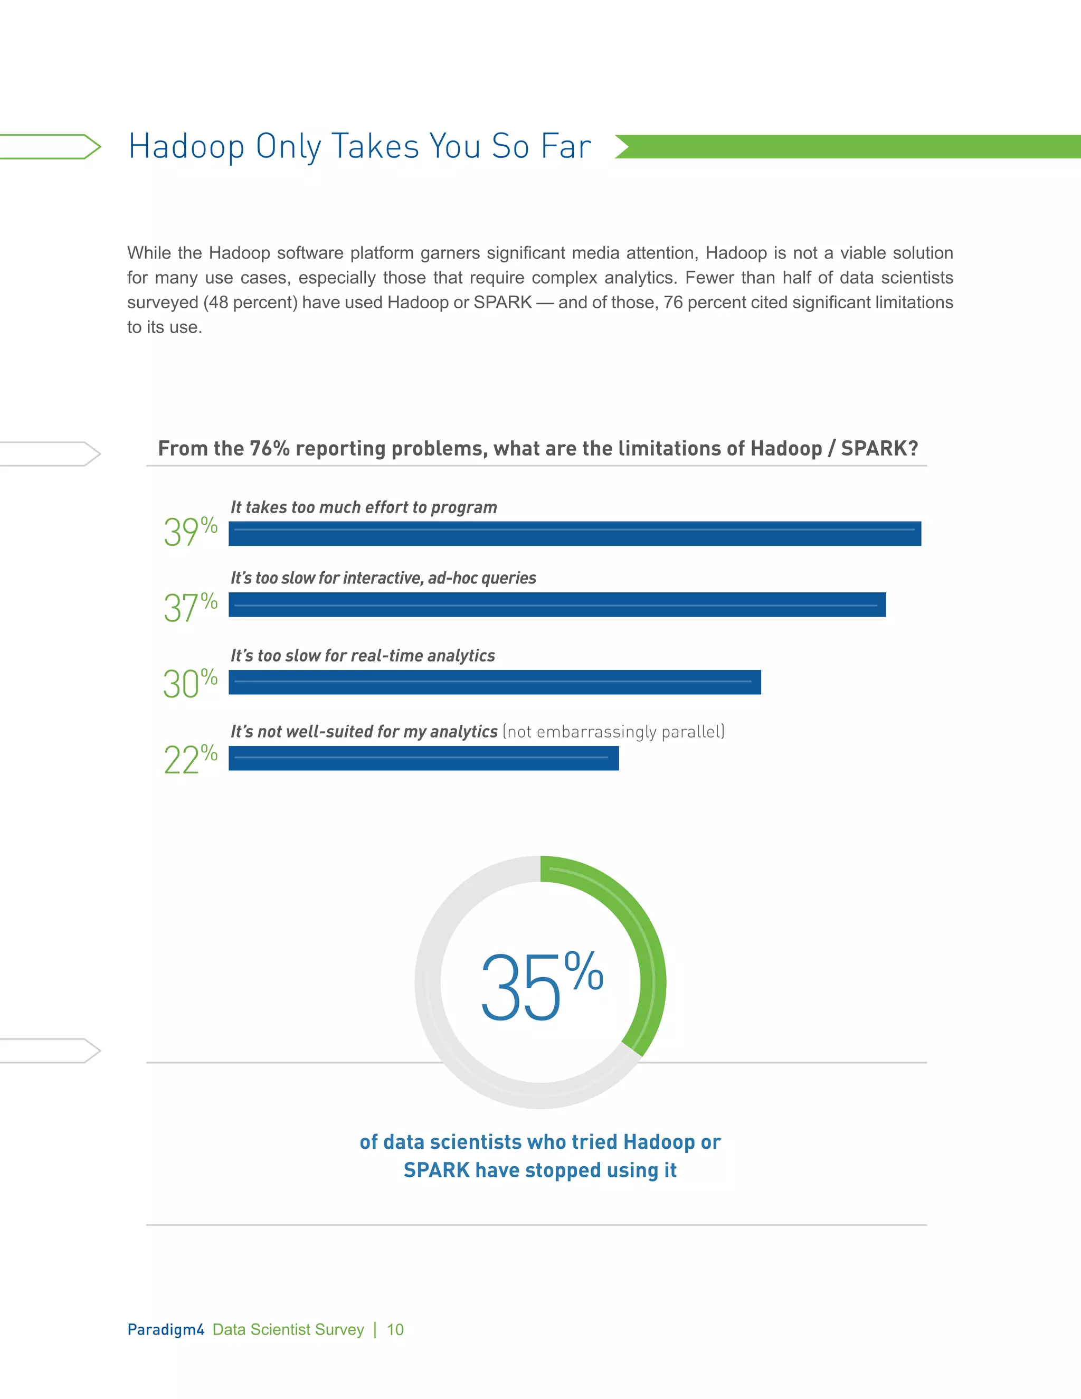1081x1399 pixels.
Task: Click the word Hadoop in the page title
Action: pyautogui.click(x=186, y=147)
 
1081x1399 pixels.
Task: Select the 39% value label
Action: pyautogui.click(x=190, y=532)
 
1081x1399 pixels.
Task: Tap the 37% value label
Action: pyautogui.click(x=190, y=607)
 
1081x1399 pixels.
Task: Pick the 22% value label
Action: pyautogui.click(x=190, y=759)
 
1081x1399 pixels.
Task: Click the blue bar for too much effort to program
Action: pyautogui.click(x=574, y=534)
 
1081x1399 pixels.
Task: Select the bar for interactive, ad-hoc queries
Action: pyautogui.click(x=556, y=604)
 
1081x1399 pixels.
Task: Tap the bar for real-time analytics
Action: pyautogui.click(x=495, y=682)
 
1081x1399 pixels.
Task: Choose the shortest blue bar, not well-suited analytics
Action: pyautogui.click(x=423, y=759)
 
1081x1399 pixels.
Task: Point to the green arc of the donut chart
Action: pyautogui.click(x=643, y=948)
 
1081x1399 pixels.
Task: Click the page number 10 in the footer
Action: pyautogui.click(x=395, y=1330)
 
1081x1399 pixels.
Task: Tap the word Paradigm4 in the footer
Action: pyautogui.click(x=165, y=1330)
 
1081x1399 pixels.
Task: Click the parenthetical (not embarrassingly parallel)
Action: pyautogui.click(x=613, y=732)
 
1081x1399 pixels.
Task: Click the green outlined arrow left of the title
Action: pyautogui.click(x=51, y=147)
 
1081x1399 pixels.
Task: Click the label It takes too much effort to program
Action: pyautogui.click(x=363, y=507)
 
